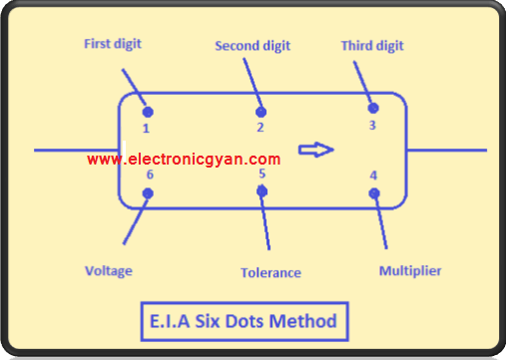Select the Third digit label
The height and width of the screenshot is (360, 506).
373,46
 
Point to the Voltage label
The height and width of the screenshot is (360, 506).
109,270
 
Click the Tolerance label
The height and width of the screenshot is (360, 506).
270,272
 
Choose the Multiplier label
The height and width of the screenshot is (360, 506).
410,270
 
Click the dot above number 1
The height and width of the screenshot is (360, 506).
147,113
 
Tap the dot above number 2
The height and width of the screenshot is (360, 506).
260,112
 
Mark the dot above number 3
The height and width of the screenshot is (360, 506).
373,108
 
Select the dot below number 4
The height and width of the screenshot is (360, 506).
375,192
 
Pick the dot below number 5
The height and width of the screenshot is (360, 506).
261,189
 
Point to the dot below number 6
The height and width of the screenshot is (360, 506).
148,192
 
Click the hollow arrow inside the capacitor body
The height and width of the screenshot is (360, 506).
316,151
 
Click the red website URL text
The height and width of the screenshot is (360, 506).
184,159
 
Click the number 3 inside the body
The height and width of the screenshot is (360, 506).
372,126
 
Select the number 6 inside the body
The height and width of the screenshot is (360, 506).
150,176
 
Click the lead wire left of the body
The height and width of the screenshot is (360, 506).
76,151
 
